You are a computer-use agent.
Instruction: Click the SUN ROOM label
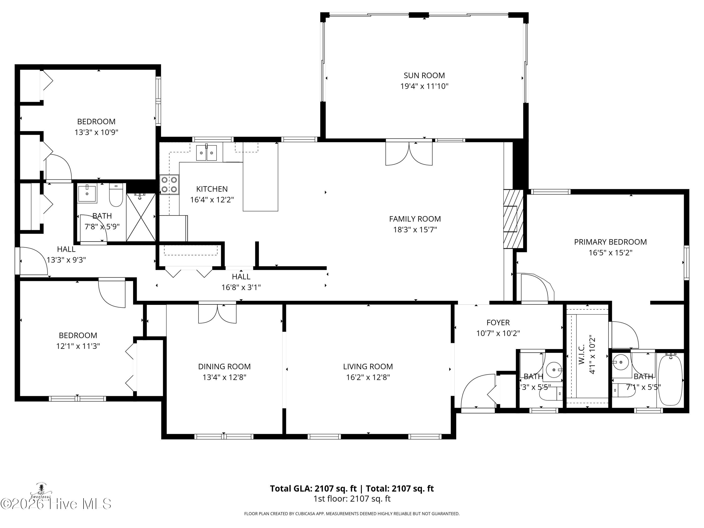tap(424, 75)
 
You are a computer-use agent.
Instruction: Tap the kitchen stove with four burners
tap(169, 185)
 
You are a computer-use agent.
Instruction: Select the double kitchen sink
tap(206, 153)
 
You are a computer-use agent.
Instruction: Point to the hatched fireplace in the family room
tap(513, 219)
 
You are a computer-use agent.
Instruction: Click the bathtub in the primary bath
tap(670, 380)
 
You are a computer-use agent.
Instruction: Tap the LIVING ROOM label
tap(368, 366)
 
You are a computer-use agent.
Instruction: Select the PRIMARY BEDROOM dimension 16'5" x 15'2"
tap(610, 253)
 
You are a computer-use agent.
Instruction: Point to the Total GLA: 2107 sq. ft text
tap(313, 489)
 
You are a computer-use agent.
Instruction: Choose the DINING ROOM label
tap(224, 366)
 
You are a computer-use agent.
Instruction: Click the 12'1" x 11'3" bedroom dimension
tap(78, 346)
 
